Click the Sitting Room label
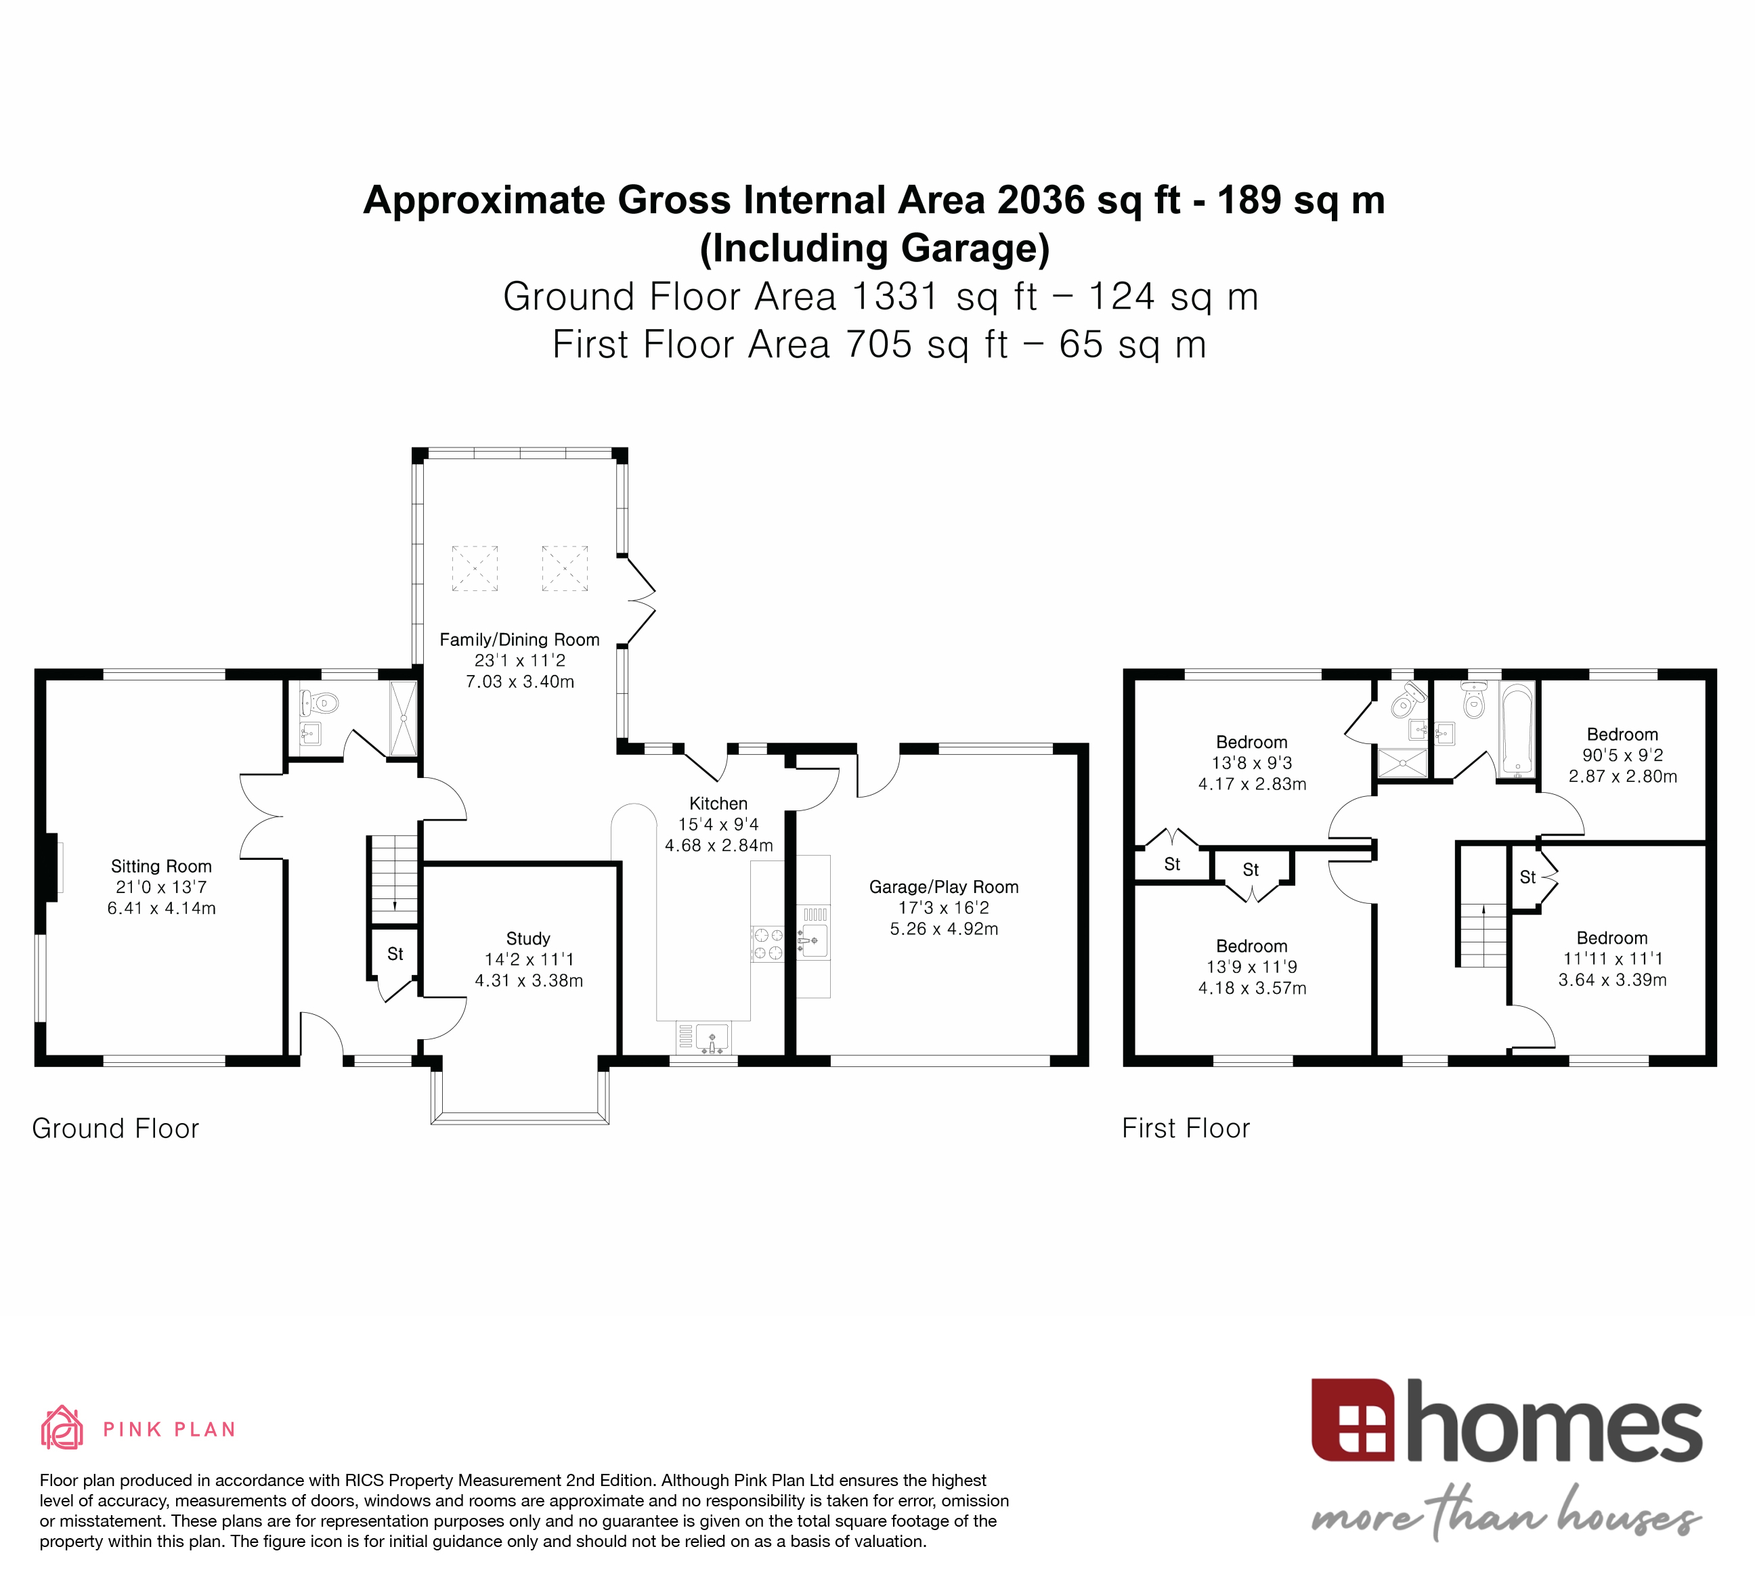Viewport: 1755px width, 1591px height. pyautogui.click(x=161, y=866)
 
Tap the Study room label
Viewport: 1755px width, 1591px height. pyautogui.click(x=527, y=938)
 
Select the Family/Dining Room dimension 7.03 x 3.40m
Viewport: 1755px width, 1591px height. pyautogui.click(x=520, y=682)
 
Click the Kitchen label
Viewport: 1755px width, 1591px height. pyautogui.click(x=718, y=804)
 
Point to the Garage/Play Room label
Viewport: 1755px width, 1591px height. pyautogui.click(x=944, y=887)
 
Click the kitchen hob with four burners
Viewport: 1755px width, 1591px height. pyautogui.click(x=768, y=944)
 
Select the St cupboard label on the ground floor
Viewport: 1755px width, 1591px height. pyautogui.click(x=395, y=954)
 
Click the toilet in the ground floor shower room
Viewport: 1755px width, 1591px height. pyautogui.click(x=322, y=701)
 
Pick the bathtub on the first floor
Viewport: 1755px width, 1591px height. pyautogui.click(x=1517, y=729)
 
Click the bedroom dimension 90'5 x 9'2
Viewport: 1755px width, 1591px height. pyautogui.click(x=1623, y=756)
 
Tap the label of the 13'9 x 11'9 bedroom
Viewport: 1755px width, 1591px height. pyautogui.click(x=1251, y=946)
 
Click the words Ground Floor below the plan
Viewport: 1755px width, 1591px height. pyautogui.click(x=116, y=1128)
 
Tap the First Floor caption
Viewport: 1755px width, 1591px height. pyautogui.click(x=1186, y=1128)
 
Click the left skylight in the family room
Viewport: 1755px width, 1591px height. pyautogui.click(x=475, y=568)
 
